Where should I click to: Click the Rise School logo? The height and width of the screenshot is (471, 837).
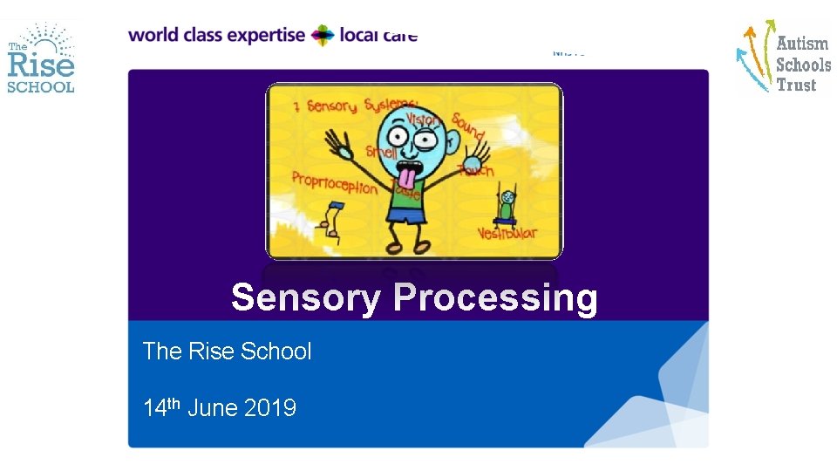coord(41,58)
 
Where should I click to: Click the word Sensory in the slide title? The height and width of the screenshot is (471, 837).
coord(305,298)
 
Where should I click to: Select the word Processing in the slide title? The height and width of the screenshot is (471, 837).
coord(495,298)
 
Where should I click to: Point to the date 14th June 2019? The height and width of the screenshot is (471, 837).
coord(220,407)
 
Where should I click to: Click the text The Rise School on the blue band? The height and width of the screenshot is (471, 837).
coord(227,352)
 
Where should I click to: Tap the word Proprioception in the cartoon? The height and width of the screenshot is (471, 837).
coord(335,184)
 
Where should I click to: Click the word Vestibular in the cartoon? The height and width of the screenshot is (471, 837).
coord(507,233)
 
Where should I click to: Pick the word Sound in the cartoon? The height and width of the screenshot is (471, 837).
coord(467,126)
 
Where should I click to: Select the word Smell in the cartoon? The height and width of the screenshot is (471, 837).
coord(381,151)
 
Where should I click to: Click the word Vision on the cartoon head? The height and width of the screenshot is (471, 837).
coord(422,118)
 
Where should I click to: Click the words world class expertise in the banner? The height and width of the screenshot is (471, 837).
coord(216,36)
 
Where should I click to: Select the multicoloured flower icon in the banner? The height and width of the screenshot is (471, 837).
coord(323,36)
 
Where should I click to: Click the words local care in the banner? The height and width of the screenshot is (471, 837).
coord(378,36)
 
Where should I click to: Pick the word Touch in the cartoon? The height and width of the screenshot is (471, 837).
coord(476,170)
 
